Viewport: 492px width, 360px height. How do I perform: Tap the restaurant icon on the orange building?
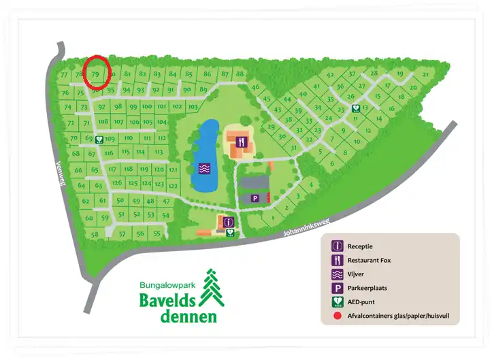pyautogui.click(x=241, y=142)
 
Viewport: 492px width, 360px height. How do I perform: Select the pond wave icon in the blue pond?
pyautogui.click(x=203, y=167)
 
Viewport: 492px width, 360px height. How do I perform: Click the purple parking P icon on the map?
pyautogui.click(x=255, y=198)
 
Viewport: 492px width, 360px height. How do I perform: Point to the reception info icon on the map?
pyautogui.click(x=228, y=221)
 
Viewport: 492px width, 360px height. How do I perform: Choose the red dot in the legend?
pyautogui.click(x=336, y=316)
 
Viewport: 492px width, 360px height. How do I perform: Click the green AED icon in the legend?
pyautogui.click(x=336, y=302)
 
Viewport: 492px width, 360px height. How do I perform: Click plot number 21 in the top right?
pyautogui.click(x=425, y=74)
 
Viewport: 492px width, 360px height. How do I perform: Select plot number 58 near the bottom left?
pyautogui.click(x=95, y=235)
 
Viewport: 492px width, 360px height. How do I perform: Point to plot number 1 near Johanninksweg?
pyautogui.click(x=272, y=218)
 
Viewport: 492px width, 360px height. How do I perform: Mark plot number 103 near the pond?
pyautogui.click(x=193, y=107)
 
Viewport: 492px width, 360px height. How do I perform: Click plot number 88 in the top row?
pyautogui.click(x=239, y=73)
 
